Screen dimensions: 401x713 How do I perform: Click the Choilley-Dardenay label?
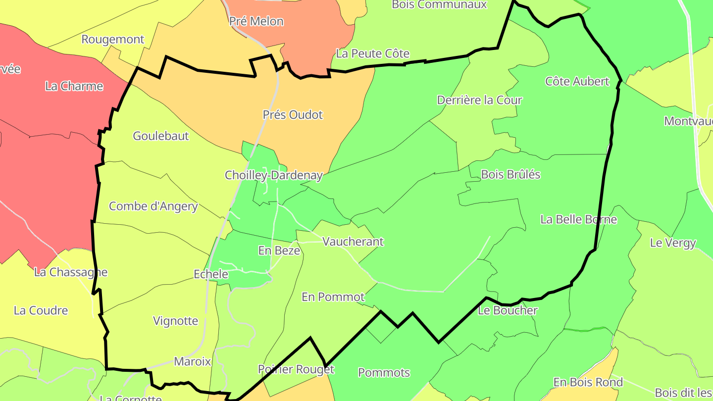coord(274,175)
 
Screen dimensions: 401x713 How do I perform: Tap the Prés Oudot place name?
coord(293,115)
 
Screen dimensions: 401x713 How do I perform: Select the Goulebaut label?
coord(161,136)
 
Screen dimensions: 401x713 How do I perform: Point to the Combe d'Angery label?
coord(153,206)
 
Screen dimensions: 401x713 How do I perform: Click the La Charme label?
coord(74,86)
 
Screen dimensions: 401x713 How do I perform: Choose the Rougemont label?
coord(113,40)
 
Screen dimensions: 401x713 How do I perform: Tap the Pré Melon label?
coord(256,21)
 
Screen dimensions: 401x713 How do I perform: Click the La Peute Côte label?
coord(373,53)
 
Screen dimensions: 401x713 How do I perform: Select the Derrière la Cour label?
coord(479,100)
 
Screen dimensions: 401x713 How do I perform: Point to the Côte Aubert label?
coord(577,81)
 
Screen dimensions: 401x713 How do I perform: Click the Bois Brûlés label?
coord(510,174)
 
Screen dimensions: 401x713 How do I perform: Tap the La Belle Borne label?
coord(579,219)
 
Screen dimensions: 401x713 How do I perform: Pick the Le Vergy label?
coord(673,243)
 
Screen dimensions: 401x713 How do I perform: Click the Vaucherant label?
coord(353,242)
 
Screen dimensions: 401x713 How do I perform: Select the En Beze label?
coord(279,251)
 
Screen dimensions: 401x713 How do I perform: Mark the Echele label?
coord(211,274)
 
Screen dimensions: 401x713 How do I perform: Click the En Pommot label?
coord(333,297)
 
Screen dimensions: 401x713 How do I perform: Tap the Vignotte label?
coord(176,321)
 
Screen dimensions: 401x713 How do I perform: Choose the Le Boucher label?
coord(508,310)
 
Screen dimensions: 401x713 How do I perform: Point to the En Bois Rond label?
coord(588,382)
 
